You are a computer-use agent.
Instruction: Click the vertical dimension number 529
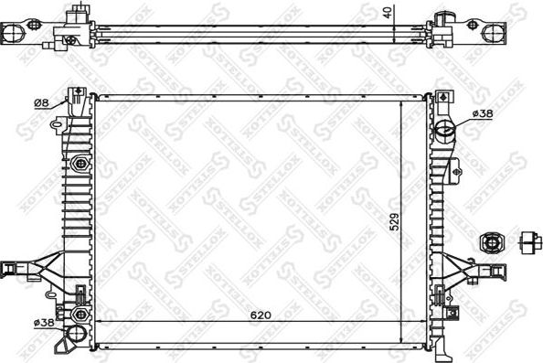click(x=394, y=222)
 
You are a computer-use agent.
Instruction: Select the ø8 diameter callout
click(x=40, y=101)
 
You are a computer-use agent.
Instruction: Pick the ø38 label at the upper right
click(x=483, y=112)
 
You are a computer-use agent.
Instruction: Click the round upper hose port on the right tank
click(x=444, y=128)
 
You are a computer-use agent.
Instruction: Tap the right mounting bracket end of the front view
click(x=499, y=268)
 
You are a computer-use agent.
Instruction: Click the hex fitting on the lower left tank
click(x=80, y=296)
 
